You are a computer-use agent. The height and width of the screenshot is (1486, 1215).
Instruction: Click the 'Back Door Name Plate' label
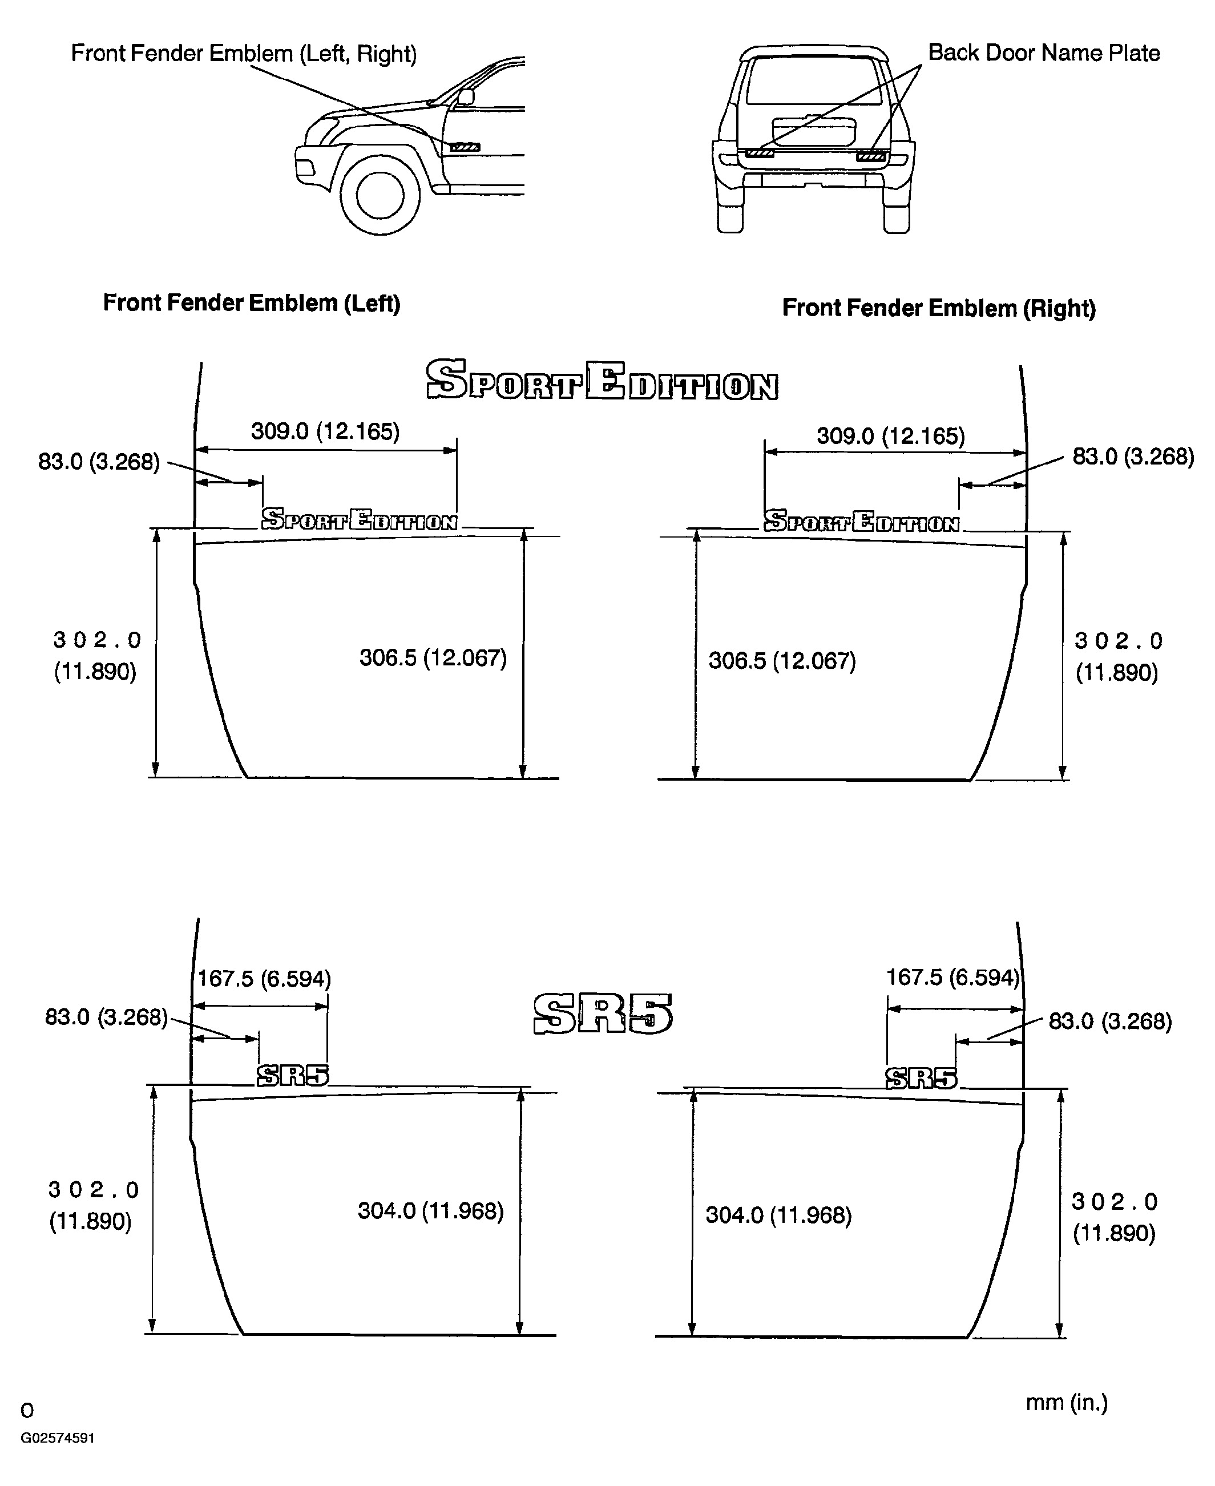point(1044,53)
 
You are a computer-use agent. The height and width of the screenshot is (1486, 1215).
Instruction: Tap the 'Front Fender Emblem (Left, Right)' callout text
point(244,53)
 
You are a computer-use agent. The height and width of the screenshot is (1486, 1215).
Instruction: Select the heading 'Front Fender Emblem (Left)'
point(252,302)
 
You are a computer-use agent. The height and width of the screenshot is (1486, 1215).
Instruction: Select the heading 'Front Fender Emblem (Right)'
point(939,308)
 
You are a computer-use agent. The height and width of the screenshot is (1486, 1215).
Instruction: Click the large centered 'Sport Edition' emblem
point(602,381)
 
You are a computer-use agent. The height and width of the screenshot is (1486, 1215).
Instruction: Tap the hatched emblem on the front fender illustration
point(465,147)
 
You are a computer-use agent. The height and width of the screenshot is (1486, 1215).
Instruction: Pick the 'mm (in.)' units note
point(1067,1402)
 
